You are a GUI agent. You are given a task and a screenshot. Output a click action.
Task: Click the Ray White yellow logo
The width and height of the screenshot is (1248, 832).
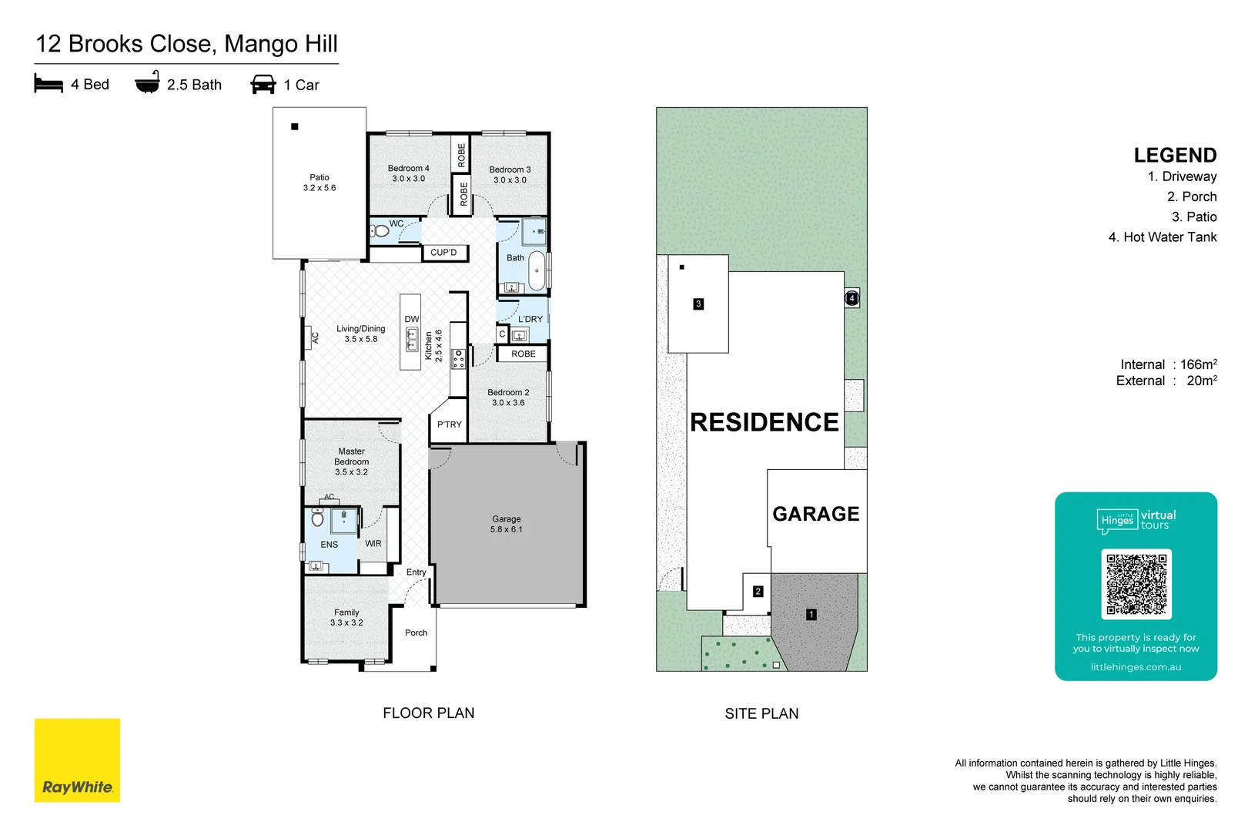click(77, 760)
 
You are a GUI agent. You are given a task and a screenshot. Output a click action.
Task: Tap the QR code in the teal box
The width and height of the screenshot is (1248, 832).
click(1136, 584)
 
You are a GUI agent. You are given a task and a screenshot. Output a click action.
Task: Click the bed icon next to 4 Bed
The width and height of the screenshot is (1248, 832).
click(49, 83)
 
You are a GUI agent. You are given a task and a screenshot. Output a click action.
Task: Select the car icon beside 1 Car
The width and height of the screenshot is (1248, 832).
click(263, 84)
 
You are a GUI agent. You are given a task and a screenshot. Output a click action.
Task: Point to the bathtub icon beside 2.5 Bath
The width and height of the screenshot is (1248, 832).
click(147, 82)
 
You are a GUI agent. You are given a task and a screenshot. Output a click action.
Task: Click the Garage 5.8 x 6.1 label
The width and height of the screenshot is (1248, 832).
click(507, 524)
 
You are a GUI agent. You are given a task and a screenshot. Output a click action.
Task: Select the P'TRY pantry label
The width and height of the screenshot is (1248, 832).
click(450, 424)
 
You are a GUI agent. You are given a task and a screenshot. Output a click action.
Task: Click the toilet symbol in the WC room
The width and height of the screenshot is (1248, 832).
click(380, 231)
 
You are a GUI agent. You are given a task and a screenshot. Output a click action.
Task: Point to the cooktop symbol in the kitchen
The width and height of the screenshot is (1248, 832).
click(458, 358)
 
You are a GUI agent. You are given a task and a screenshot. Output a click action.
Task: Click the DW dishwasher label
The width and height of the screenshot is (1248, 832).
click(412, 319)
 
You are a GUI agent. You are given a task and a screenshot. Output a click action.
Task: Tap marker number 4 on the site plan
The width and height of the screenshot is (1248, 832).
click(852, 298)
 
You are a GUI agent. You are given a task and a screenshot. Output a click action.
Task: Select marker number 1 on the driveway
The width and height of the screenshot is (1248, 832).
click(811, 615)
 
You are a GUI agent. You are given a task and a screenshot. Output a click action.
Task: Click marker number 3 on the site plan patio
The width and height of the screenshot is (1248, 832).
click(698, 304)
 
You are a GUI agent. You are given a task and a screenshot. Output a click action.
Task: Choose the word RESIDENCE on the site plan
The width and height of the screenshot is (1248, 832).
click(764, 422)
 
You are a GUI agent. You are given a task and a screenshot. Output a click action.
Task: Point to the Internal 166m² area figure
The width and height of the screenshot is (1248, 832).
click(1169, 364)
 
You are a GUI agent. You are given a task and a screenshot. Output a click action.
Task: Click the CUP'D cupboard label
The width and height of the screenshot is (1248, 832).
click(443, 253)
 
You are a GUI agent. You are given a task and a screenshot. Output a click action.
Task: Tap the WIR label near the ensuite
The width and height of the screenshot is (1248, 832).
click(373, 544)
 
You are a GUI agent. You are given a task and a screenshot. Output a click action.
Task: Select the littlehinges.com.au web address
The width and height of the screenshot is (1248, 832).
click(1136, 667)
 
